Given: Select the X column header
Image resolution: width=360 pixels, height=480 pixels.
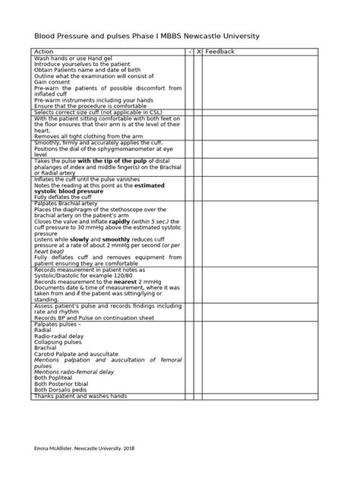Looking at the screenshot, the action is [199, 52].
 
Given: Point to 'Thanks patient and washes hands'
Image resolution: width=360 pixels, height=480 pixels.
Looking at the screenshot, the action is [80, 396].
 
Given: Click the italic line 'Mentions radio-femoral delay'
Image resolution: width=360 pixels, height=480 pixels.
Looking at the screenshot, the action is [74, 372].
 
